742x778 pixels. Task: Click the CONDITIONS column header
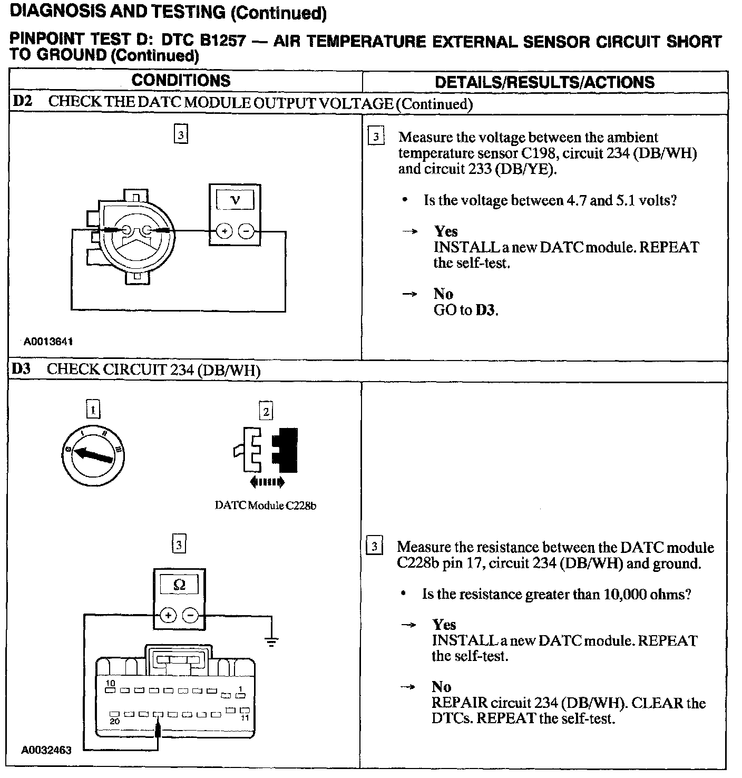tap(181, 81)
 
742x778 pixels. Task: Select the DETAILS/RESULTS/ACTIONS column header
tap(544, 82)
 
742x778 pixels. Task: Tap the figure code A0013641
tap(48, 342)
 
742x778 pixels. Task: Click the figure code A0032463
tap(46, 750)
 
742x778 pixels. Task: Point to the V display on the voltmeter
tap(235, 200)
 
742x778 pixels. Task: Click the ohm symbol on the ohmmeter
tap(179, 585)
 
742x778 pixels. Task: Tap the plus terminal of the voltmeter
tap(224, 231)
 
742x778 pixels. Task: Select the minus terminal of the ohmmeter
tap(191, 615)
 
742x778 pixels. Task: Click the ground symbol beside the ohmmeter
tap(271, 641)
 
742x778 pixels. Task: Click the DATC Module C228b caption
tap(266, 505)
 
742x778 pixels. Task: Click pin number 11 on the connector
tap(245, 718)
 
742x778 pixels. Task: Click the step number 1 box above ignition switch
tap(93, 410)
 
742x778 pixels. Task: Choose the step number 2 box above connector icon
tap(266, 411)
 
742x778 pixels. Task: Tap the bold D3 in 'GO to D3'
tap(485, 310)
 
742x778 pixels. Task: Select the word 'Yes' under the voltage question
tap(446, 231)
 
